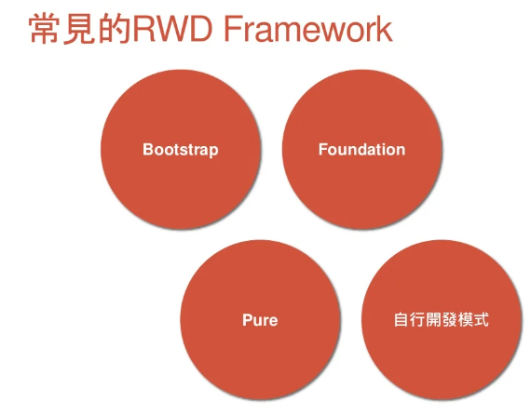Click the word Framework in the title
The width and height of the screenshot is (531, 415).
pyautogui.click(x=307, y=29)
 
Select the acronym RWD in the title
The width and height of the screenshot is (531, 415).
pyautogui.click(x=172, y=29)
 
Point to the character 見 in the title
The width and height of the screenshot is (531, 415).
pyautogui.click(x=80, y=29)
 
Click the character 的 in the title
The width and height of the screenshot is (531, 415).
pyautogui.click(x=115, y=29)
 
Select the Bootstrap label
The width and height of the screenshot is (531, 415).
pyautogui.click(x=181, y=150)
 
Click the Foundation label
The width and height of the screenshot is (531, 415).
pyautogui.click(x=361, y=149)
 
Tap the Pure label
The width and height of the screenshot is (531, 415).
pyautogui.click(x=260, y=320)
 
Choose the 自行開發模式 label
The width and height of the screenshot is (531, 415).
pyautogui.click(x=442, y=319)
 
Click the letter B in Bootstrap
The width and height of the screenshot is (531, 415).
pyautogui.click(x=147, y=149)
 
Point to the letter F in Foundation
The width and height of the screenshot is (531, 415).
pyautogui.click(x=323, y=149)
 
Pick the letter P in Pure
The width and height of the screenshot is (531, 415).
pyautogui.click(x=248, y=320)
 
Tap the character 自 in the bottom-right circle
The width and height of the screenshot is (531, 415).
pyautogui.click(x=402, y=319)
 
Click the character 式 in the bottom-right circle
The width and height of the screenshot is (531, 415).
pyautogui.click(x=482, y=319)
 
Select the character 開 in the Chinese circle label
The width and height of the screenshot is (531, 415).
pyautogui.click(x=433, y=319)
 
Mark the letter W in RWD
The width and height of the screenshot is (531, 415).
pyautogui.click(x=171, y=29)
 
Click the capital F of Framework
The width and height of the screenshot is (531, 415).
pyautogui.click(x=232, y=29)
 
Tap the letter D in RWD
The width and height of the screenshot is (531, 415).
pyautogui.click(x=201, y=29)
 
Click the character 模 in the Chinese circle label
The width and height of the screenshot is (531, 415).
pyautogui.click(x=465, y=319)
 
